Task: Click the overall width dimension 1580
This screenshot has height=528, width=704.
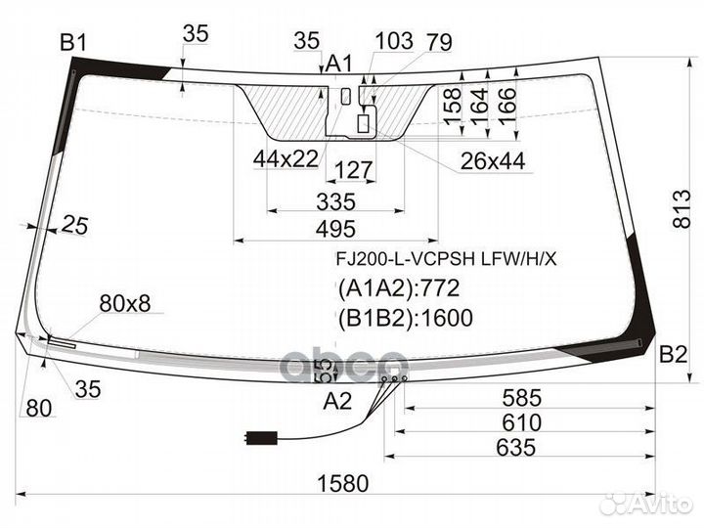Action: coord(342,484)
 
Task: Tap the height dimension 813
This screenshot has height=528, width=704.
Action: coord(682,209)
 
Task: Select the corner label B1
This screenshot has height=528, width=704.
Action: coord(73,43)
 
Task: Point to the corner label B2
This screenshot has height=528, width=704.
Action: coord(673,354)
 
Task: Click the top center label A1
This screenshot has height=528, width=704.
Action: coord(339,64)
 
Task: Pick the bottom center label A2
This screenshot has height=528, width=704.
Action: coord(337,401)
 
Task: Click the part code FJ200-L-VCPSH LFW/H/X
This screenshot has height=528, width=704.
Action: coord(446,259)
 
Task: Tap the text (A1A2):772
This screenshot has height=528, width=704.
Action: coord(399,288)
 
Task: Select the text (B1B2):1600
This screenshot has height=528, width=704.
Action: coord(406,318)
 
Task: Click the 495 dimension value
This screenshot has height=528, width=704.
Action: coord(335,230)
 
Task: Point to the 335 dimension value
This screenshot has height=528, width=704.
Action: coord(335,201)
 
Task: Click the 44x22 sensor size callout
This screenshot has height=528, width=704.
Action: coord(286,158)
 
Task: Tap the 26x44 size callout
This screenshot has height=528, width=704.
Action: coord(493,161)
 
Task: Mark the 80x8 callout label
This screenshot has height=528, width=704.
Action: coord(125,303)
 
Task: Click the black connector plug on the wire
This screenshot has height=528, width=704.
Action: coord(262,438)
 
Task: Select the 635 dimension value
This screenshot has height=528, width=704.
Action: coord(516,447)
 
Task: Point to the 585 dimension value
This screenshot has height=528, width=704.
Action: coord(522,398)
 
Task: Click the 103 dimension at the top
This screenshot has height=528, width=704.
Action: coord(394,41)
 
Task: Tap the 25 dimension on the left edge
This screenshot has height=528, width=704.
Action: coord(75,225)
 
